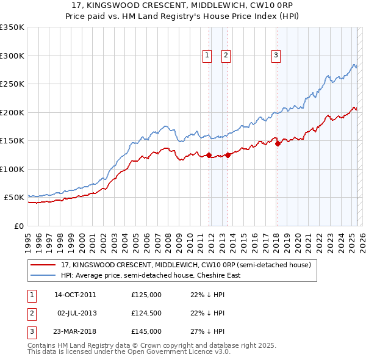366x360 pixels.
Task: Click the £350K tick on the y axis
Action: click(x=12, y=27)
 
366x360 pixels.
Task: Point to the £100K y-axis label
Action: click(x=12, y=169)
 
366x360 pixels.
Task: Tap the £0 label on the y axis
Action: click(x=18, y=226)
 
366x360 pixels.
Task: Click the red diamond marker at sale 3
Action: click(x=278, y=144)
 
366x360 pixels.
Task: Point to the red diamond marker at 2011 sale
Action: click(x=209, y=155)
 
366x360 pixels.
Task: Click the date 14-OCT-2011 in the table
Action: click(x=75, y=295)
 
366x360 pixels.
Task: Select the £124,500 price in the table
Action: click(x=146, y=313)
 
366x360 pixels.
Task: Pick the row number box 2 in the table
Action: click(x=31, y=313)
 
